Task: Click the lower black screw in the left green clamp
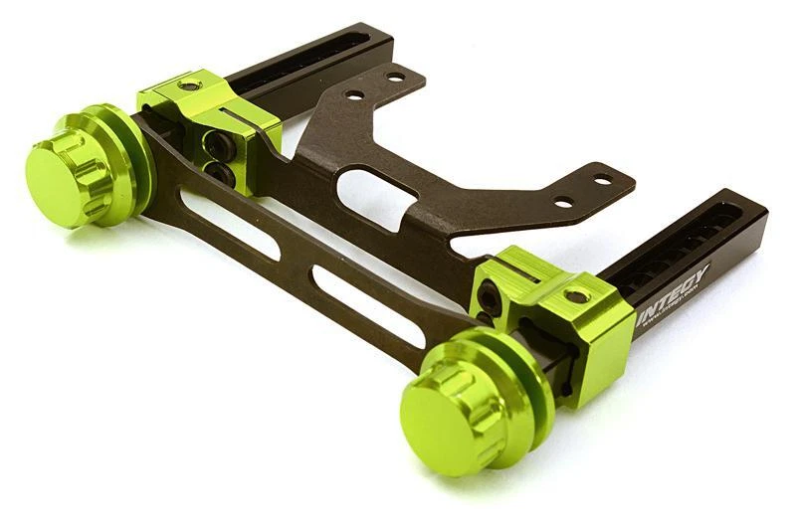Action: (x=224, y=176)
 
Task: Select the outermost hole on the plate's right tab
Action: (x=602, y=180)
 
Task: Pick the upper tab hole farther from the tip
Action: (x=354, y=96)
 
